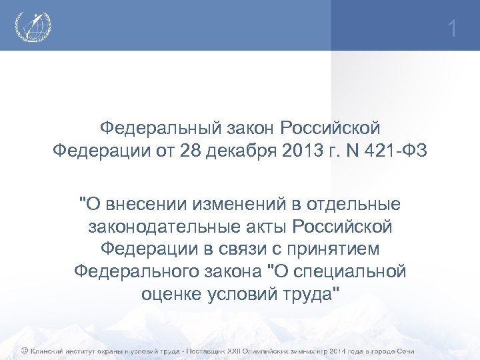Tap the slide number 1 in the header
tap(453, 29)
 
